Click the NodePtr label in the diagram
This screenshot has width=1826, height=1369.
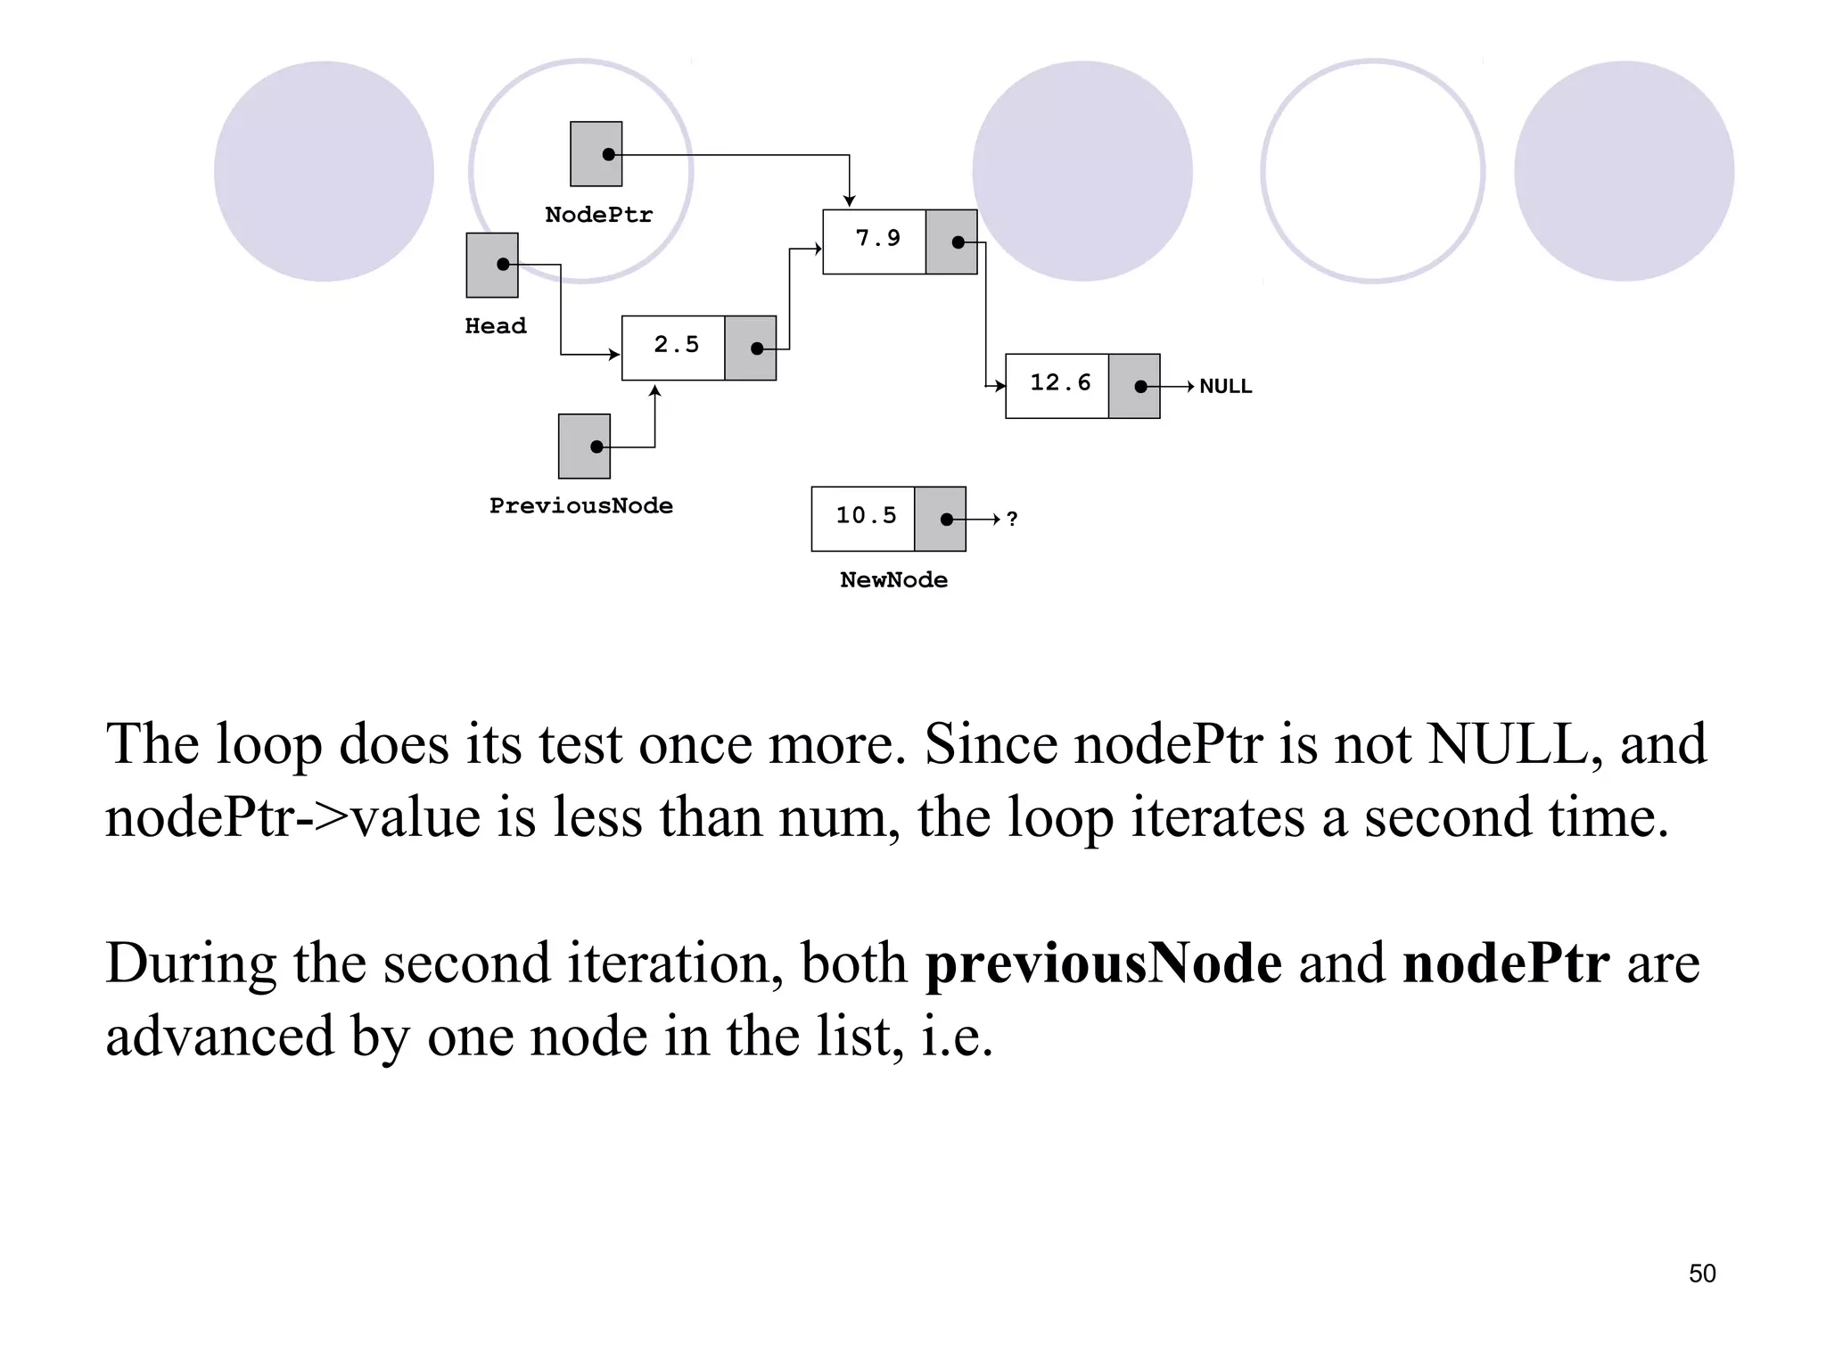tap(598, 215)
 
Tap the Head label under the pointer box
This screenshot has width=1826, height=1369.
tap(496, 326)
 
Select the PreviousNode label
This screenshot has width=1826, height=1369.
tap(580, 506)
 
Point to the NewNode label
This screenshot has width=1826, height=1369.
tap(893, 580)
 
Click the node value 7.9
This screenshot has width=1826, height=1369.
tap(877, 239)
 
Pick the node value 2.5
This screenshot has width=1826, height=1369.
tap(676, 345)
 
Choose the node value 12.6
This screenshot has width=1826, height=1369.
tap(1060, 383)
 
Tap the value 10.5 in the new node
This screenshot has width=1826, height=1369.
tap(866, 516)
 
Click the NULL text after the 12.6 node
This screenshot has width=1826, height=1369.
tap(1225, 387)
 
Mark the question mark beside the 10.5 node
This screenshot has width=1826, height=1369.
tap(1012, 520)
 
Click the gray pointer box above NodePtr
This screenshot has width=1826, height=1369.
tap(596, 154)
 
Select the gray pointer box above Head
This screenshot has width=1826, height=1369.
tap(492, 266)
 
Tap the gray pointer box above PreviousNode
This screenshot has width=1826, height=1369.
tap(585, 447)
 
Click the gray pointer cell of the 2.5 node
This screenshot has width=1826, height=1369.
tap(751, 348)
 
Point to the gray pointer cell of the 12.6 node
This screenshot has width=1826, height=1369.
tap(1134, 387)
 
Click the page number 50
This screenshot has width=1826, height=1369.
tap(1702, 1274)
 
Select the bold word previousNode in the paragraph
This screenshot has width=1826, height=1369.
tap(1104, 963)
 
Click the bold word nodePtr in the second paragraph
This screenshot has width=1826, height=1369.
tap(1506, 963)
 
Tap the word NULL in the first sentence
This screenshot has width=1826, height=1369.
tap(1508, 743)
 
